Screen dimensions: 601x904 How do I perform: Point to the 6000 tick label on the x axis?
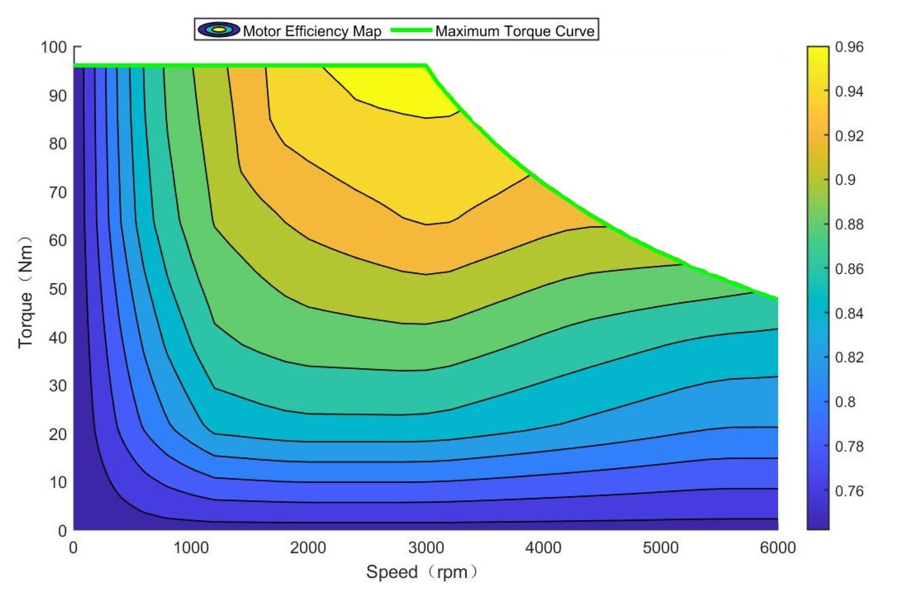pos(778,548)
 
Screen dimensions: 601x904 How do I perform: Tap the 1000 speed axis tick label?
pos(191,548)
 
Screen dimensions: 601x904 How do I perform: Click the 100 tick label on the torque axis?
pos(54,47)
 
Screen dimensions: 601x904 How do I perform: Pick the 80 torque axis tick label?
pos(58,144)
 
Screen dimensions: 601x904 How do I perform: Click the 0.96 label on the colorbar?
pos(849,47)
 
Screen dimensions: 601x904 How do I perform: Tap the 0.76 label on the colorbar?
pos(849,491)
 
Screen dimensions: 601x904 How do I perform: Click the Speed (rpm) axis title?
pos(422,572)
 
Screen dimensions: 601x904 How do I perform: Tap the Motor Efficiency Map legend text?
pos(312,31)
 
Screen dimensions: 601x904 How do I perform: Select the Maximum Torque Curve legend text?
pos(515,31)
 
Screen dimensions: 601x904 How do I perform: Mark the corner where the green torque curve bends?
pos(426,66)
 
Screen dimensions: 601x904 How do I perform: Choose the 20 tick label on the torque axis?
pos(58,434)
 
